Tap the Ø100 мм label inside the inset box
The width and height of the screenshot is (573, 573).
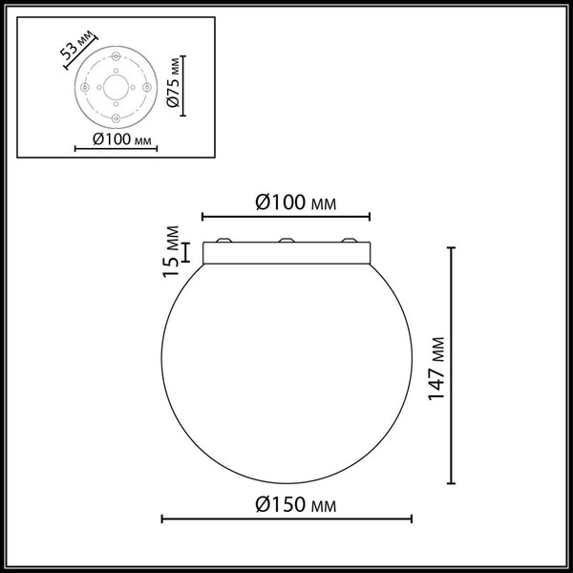114,142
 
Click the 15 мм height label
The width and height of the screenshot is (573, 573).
171,251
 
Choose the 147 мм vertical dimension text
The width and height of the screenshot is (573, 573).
436,367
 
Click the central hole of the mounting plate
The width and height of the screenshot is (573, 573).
115,87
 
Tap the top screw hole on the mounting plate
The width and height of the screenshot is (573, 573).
115,57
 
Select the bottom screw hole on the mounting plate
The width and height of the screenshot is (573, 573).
115,117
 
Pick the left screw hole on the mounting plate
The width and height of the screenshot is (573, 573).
85,87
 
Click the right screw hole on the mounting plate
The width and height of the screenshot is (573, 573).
145,87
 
